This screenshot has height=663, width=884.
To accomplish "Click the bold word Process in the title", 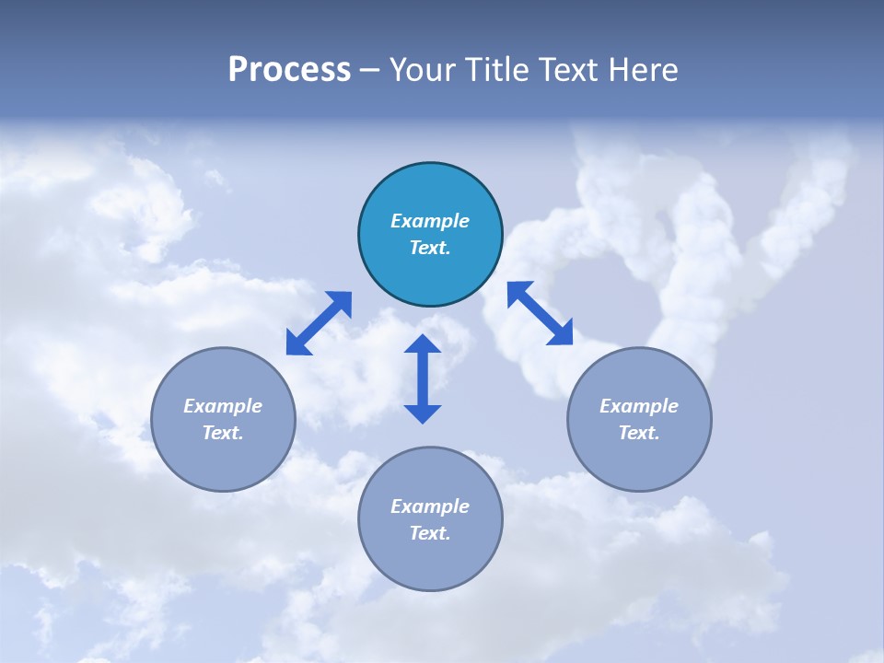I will [x=289, y=70].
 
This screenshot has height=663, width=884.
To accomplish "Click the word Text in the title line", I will [x=571, y=70].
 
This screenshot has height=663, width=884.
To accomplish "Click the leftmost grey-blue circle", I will [x=223, y=419].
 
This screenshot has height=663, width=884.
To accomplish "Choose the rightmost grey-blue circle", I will [x=639, y=419].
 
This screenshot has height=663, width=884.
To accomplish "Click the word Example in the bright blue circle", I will [x=430, y=221].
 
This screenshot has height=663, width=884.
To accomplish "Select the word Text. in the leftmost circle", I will [x=223, y=433].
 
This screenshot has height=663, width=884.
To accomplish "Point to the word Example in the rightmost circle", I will [x=639, y=406].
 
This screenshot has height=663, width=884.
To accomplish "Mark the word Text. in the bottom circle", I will [x=430, y=533].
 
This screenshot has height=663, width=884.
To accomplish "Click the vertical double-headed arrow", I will [x=423, y=378].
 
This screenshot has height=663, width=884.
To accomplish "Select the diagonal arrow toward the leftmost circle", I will [x=319, y=322].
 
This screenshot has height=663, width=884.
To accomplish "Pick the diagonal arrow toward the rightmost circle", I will [x=540, y=313].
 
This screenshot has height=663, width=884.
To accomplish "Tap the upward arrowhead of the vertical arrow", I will [x=423, y=345].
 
